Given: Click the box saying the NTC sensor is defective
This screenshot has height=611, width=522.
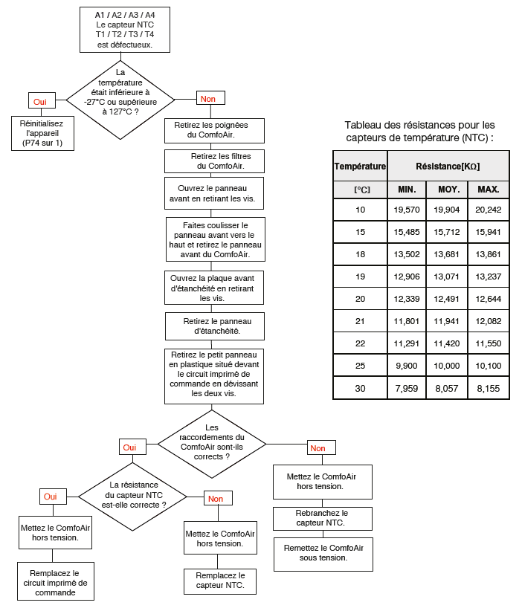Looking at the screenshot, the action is [125, 30].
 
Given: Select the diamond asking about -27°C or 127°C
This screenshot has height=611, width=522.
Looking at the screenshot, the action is [120, 100].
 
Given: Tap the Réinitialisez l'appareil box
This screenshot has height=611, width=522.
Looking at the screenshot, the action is [42, 133].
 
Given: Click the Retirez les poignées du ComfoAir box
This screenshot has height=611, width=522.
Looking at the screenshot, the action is [214, 131].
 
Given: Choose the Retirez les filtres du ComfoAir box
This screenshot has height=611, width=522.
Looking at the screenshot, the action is [214, 161].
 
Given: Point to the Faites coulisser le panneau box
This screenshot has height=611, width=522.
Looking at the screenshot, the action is [216, 239].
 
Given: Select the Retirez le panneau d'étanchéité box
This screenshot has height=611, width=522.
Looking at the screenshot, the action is [215, 326].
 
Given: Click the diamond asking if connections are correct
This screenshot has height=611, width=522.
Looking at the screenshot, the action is [212, 444].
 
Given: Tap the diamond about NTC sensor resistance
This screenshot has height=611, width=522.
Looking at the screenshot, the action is [132, 497].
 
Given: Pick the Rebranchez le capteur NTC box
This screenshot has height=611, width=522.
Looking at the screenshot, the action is [323, 518].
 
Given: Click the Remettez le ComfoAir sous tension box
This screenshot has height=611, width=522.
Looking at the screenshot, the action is [323, 554].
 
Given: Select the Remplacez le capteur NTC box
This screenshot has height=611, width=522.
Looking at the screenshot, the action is [220, 581].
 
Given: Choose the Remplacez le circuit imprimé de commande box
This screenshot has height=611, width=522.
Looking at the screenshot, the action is [56, 581].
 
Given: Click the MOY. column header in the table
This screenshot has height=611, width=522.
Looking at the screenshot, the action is [447, 190].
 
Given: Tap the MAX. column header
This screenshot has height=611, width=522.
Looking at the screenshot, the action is [489, 190].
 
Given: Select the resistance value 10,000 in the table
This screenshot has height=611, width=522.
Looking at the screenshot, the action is [447, 366].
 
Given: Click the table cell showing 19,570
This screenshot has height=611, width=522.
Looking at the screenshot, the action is [407, 210].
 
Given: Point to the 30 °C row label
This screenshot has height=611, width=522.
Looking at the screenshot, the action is [360, 388].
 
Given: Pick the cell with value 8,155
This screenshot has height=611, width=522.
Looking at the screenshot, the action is [489, 388].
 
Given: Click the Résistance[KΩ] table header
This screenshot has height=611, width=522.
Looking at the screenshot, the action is [448, 167].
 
